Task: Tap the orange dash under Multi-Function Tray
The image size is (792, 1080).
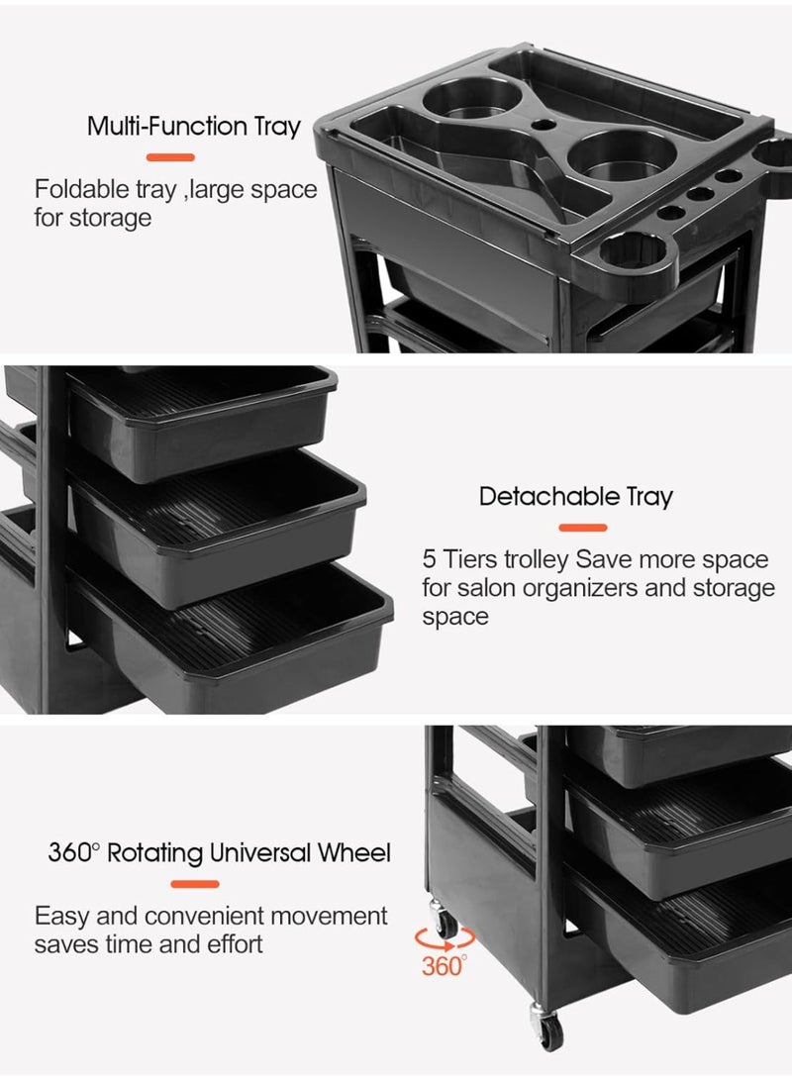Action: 170,156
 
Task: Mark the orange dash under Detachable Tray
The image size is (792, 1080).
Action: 583,528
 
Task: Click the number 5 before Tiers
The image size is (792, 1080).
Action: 429,559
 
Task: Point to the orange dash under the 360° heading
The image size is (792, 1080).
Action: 195,883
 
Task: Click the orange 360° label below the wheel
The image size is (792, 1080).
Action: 443,965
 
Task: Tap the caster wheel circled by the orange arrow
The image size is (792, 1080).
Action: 445,926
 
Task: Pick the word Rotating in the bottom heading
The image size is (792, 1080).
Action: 154,852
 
